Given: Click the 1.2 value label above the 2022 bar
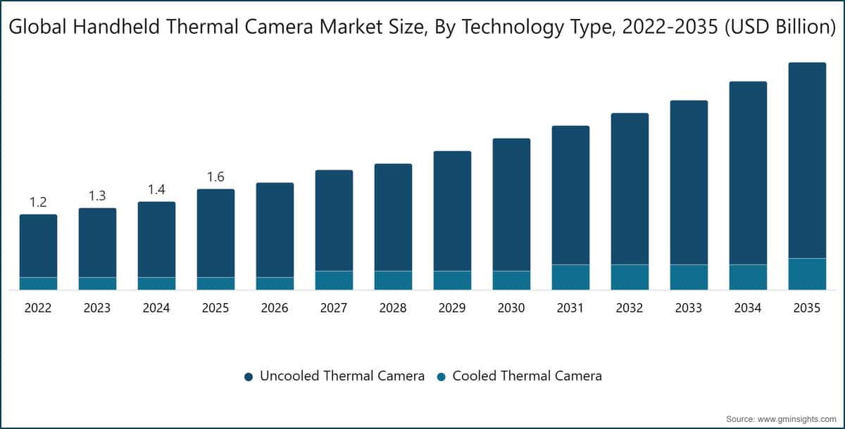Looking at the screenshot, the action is (x=38, y=203).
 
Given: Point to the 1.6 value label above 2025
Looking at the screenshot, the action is (x=215, y=177).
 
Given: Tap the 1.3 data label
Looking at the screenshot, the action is (x=97, y=196).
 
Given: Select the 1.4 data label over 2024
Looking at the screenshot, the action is (x=156, y=189).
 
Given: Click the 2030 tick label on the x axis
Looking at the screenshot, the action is (x=511, y=308).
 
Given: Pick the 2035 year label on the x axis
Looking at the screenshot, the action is (x=807, y=308).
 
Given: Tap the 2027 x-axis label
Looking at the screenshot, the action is (x=334, y=308).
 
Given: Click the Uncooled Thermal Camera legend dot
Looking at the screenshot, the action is (x=249, y=377).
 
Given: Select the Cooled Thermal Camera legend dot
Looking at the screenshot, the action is (x=441, y=377).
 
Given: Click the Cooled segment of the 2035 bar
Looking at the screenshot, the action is (x=807, y=274).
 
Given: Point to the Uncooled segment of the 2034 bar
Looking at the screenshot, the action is (x=748, y=173).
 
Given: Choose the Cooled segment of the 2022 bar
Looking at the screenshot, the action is (x=39, y=283).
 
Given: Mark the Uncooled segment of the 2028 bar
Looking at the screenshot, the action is (x=393, y=217).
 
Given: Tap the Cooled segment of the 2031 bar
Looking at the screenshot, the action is (x=571, y=277).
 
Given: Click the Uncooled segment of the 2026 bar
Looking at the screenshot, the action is (x=275, y=230).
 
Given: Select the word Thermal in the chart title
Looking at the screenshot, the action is (x=201, y=27).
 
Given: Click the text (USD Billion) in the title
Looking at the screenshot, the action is (x=780, y=27).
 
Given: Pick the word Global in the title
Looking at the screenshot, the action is (x=38, y=27).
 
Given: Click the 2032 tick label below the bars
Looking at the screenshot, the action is (x=630, y=308).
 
